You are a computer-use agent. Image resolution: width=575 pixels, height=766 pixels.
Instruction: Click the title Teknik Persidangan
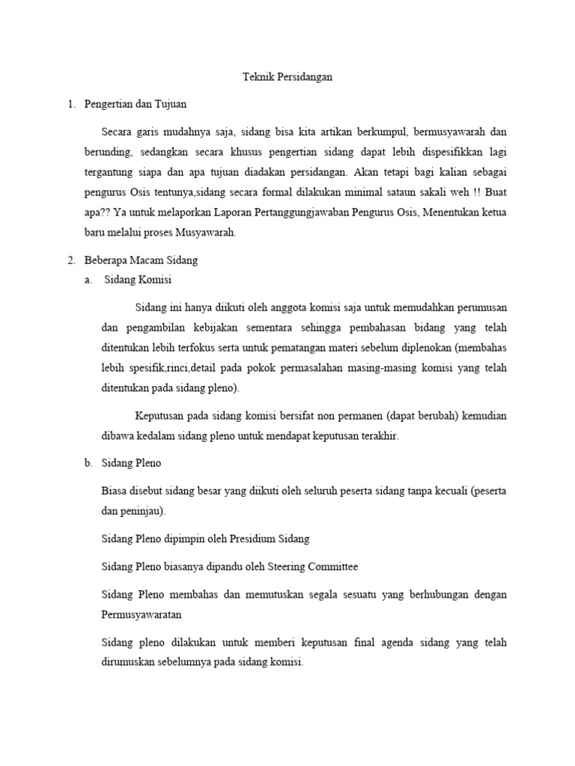[x=288, y=77]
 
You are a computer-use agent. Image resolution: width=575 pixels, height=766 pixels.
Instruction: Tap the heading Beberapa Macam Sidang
[x=141, y=260]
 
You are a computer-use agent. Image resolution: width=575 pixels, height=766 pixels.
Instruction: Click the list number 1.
[x=71, y=105]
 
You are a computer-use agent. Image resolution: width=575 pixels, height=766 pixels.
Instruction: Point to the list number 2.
[x=71, y=260]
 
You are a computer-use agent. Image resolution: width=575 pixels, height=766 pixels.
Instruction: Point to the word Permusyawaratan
[x=142, y=615]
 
